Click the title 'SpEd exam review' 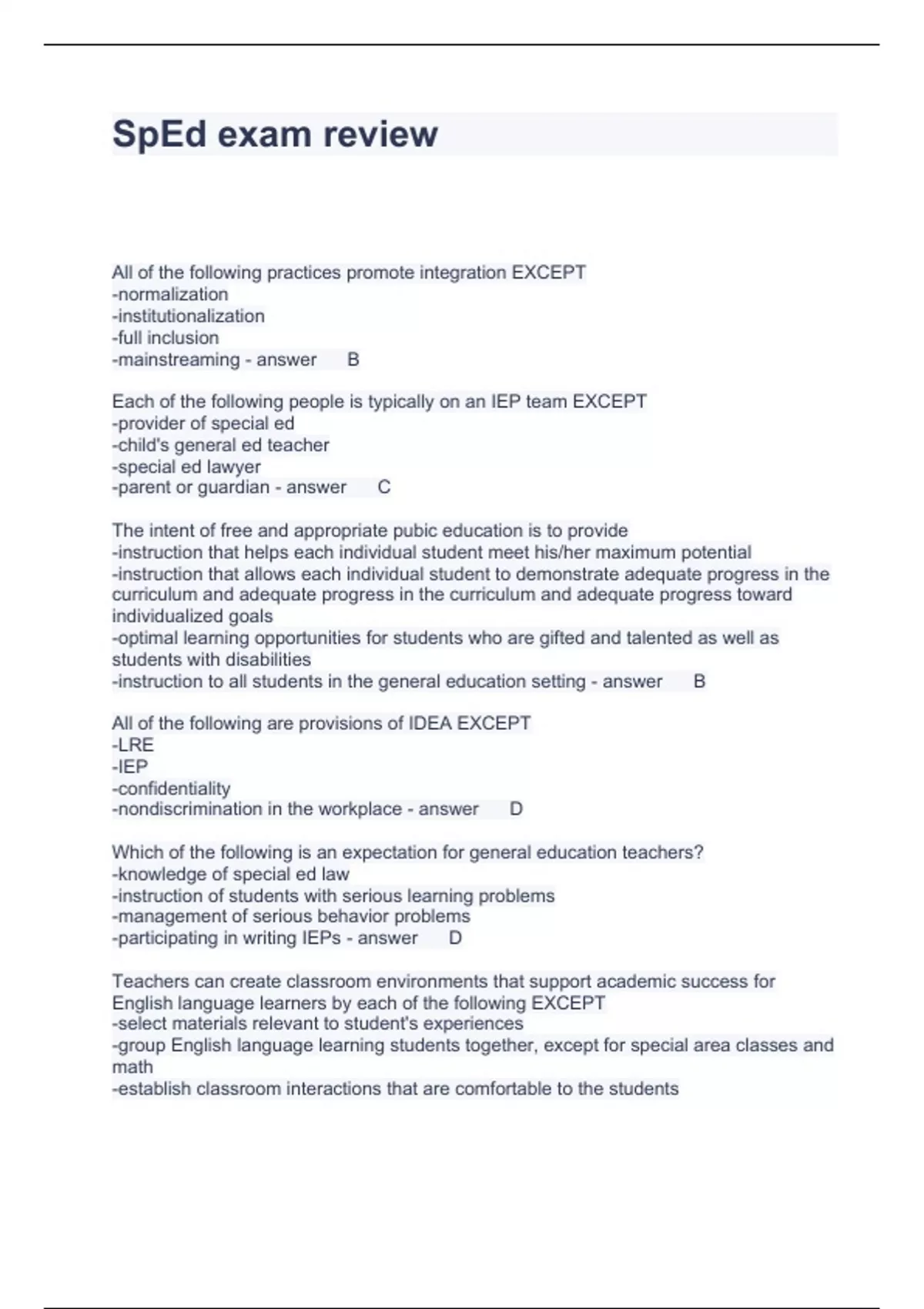click(275, 134)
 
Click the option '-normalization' click(170, 294)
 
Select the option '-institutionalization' click(189, 316)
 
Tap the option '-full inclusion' click(166, 337)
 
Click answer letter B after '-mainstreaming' click(353, 360)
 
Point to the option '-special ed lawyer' click(186, 467)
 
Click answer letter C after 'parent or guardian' click(384, 487)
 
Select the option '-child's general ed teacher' click(221, 445)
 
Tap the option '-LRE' click(133, 745)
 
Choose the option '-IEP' click(130, 766)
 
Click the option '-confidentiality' click(171, 788)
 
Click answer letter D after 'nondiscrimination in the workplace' click(516, 809)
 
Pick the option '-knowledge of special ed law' click(231, 874)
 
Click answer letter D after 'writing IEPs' click(455, 938)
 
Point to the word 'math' click(132, 1067)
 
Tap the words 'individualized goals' click(192, 616)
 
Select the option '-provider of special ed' click(203, 423)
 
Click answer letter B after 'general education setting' click(699, 681)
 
